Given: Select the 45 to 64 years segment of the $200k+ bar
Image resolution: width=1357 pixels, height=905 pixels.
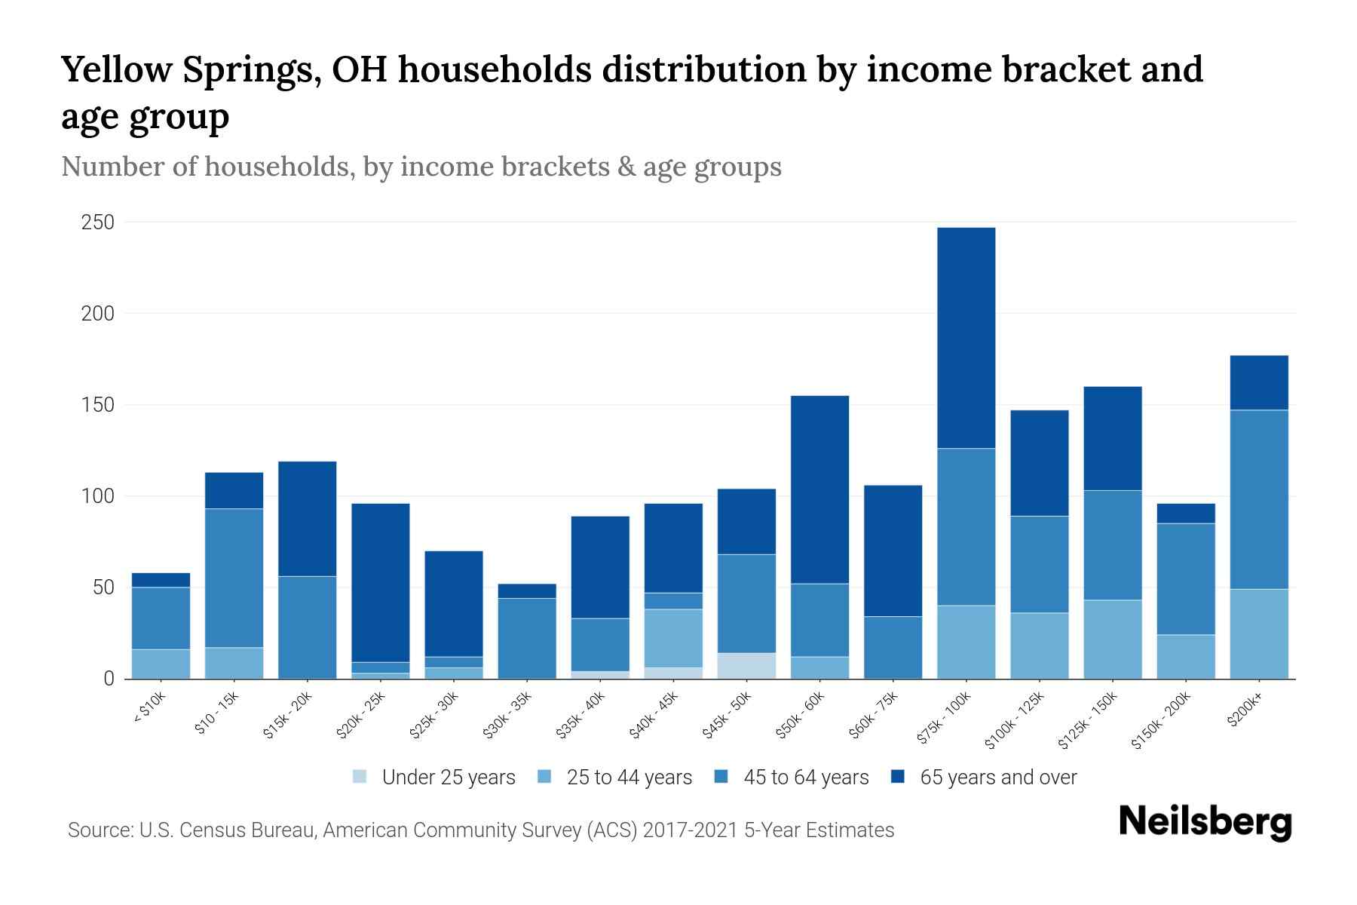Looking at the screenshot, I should point(1259,499).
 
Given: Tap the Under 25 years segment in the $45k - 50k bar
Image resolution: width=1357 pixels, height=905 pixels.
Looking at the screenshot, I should point(746,665).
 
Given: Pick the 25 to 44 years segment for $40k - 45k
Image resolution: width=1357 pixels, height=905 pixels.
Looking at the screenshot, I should point(673,638).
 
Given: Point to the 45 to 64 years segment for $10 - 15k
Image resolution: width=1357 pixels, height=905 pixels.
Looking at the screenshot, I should point(234,578).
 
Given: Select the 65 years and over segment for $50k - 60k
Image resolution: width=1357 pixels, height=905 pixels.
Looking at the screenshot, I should point(819,489).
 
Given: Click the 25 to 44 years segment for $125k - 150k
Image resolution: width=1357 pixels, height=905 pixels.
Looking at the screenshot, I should point(1112,639).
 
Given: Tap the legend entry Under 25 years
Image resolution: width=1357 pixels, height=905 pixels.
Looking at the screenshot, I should point(449,778).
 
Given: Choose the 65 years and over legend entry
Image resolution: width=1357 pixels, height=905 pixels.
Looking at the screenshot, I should point(998,778).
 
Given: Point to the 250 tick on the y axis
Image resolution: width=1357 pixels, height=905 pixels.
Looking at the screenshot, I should point(98,222).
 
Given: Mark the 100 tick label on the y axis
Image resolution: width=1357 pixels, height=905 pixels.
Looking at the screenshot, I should point(98,496).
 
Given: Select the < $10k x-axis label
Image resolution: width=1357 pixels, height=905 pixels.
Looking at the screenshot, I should point(149,708).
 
